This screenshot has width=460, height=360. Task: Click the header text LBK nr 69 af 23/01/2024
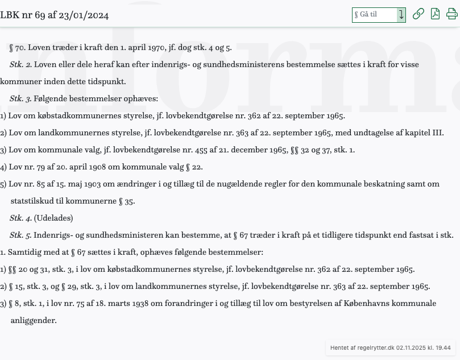55,15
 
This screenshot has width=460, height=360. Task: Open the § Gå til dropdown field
378,15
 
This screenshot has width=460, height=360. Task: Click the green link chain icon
418,14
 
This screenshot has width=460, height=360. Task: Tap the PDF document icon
435,14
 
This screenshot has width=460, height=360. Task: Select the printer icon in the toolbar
452,14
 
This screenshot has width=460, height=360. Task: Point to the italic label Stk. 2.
20,65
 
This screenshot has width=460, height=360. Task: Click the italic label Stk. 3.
20,99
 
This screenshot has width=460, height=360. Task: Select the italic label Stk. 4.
20,218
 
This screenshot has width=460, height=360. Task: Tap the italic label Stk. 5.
20,235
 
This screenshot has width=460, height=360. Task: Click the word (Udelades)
53,218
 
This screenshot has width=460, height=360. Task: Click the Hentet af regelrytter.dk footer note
391,347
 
